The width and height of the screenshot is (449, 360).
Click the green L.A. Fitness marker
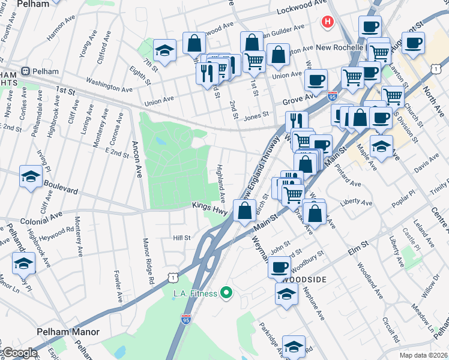click(226, 293)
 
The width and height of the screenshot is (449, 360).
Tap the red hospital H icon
click(327, 23)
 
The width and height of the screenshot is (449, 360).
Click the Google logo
click(19, 353)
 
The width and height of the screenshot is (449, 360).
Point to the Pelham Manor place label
click(67, 332)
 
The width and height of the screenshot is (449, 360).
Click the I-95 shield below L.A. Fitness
click(186, 319)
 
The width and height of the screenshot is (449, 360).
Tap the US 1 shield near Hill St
click(173, 277)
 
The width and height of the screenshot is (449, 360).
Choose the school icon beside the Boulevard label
click(31, 176)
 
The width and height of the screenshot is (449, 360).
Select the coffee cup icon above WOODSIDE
click(280, 266)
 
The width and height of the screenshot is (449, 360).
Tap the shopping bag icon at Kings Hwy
click(244, 211)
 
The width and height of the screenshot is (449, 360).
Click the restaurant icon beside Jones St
click(296, 121)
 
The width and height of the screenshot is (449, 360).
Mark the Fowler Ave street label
click(118, 286)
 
